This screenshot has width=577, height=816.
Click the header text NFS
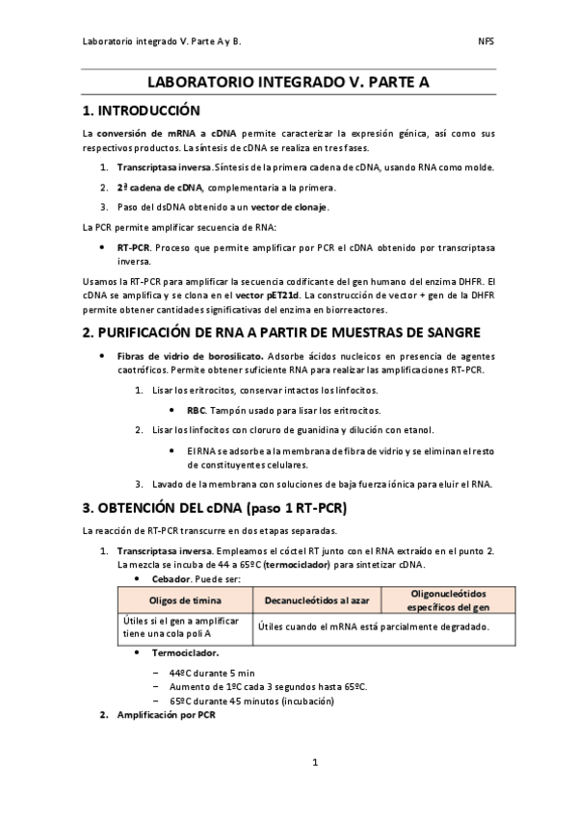pyautogui.click(x=486, y=42)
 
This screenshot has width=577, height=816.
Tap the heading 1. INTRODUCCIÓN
pyautogui.click(x=141, y=111)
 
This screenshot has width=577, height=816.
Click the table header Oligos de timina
pyautogui.click(x=186, y=600)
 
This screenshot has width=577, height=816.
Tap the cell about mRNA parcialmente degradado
pyautogui.click(x=372, y=626)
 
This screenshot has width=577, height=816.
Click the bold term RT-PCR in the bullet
pyautogui.click(x=133, y=247)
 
